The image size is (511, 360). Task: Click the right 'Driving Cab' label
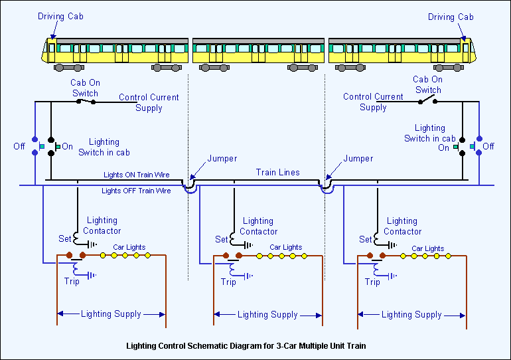(x=451, y=17)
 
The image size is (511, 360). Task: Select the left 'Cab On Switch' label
(x=85, y=88)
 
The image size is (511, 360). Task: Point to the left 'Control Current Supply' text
(x=149, y=102)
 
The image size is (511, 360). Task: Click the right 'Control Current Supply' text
(x=373, y=102)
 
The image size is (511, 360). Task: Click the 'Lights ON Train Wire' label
(x=136, y=175)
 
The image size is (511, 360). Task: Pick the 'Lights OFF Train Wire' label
(x=135, y=191)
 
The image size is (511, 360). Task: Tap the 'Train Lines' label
(x=278, y=173)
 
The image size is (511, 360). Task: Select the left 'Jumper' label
(x=222, y=159)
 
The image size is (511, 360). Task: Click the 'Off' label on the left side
(x=19, y=146)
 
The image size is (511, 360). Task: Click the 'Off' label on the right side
(x=488, y=146)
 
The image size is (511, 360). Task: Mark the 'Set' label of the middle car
(x=221, y=239)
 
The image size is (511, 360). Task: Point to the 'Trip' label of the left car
(x=72, y=282)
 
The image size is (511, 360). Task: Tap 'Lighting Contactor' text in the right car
(x=402, y=226)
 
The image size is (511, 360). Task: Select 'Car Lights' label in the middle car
(x=286, y=247)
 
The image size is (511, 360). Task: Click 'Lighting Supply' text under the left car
(x=111, y=314)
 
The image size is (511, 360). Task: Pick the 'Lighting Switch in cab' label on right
(x=429, y=133)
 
